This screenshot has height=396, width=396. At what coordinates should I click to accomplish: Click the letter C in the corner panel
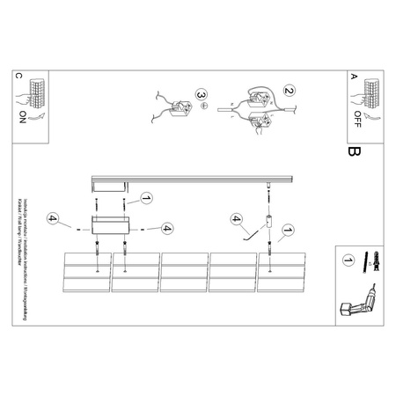pyautogui.click(x=19, y=77)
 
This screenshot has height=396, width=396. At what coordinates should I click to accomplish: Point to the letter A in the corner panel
pyautogui.click(x=355, y=77)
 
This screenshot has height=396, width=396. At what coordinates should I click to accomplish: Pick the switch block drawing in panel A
pyautogui.click(x=370, y=92)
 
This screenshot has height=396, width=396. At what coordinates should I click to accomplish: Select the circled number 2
pyautogui.click(x=288, y=91)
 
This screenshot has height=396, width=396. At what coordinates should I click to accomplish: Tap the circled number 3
pyautogui.click(x=202, y=94)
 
